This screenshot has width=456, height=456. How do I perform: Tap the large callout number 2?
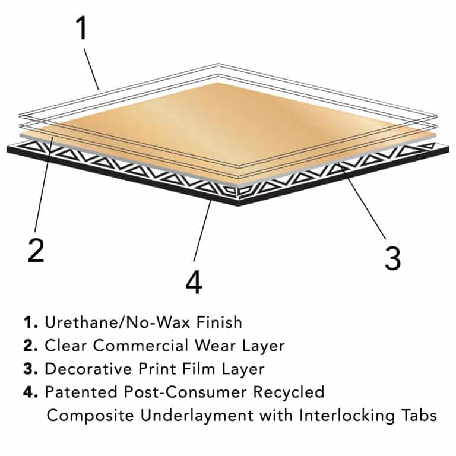point(36,251)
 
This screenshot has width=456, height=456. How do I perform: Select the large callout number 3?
point(392,258)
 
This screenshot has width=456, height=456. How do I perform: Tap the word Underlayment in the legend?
point(180,415)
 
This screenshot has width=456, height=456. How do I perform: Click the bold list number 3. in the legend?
point(31,369)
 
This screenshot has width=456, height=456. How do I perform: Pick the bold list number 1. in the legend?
point(31,322)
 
